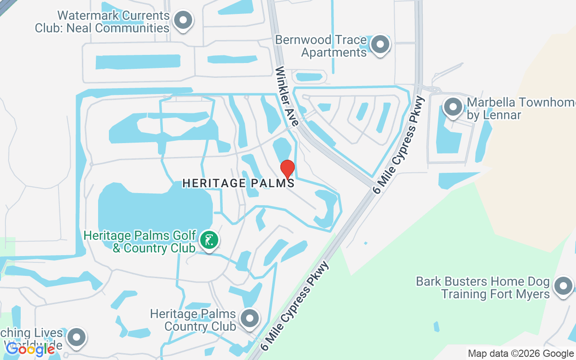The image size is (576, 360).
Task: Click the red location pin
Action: (288, 169)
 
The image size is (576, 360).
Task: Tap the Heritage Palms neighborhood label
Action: (238, 183)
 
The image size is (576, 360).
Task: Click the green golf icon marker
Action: (209, 240)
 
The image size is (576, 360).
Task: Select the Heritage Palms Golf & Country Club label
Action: (140, 242)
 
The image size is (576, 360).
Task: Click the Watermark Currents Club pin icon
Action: (183, 20)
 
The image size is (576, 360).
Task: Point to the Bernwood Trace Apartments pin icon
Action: (381, 44)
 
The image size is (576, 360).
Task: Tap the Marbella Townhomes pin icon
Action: (453, 107)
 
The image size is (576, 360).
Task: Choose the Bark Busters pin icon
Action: (562, 286)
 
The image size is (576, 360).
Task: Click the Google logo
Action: (30, 349)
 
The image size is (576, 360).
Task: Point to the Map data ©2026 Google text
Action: (521, 354)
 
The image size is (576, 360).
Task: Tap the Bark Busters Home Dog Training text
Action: (483, 288)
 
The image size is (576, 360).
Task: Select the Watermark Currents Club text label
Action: (103, 22)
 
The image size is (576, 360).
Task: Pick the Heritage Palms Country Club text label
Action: (193, 319)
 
